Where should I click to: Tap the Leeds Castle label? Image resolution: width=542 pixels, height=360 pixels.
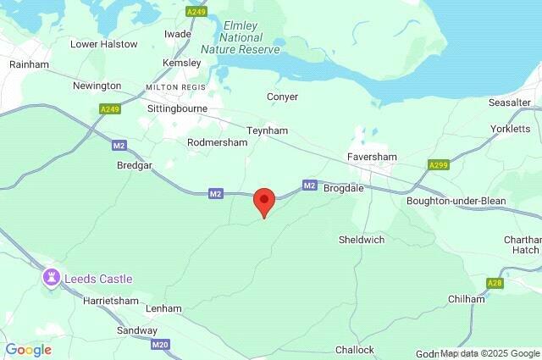pos(97,279)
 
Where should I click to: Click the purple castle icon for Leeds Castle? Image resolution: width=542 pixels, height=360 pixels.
pos(52,277)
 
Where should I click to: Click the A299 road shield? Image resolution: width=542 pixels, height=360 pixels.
pos(439,165)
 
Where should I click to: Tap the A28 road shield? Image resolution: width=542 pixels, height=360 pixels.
pos(495,283)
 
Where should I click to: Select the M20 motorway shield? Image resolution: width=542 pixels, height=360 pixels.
pos(161,345)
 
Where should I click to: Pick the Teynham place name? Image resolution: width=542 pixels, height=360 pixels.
pos(268,131)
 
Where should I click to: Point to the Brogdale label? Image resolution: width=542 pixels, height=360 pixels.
pos(344,188)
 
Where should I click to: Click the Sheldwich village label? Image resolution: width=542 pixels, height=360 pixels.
pos(362,240)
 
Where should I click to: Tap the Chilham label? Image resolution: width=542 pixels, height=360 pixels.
pos(467,299)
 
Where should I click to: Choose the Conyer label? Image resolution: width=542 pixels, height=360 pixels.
pos(282,97)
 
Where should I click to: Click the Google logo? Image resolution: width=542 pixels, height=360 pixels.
pos(28,350)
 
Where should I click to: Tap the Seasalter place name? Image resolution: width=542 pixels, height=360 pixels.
pos(510,102)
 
